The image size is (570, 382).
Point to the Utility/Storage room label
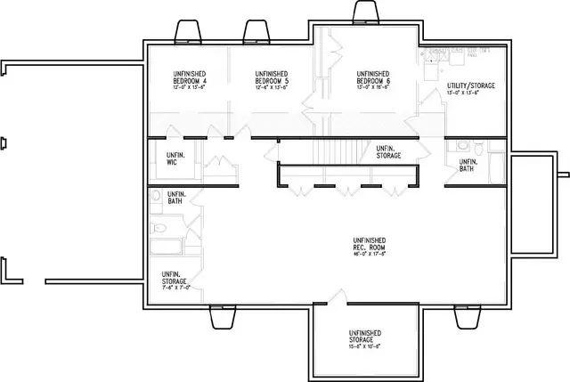(x=470, y=85)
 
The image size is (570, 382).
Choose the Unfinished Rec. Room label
(x=369, y=244)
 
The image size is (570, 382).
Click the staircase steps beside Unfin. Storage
(x=340, y=151)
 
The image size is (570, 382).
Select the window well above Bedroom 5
(x=256, y=30)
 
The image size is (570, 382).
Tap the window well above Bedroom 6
(x=364, y=13)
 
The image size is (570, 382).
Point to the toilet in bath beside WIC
(x=156, y=198)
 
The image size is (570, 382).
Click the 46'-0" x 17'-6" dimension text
(x=369, y=254)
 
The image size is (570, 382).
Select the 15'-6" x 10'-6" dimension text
(x=365, y=345)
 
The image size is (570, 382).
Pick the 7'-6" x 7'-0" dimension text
(x=175, y=288)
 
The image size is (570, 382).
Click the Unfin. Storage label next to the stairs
(x=388, y=152)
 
